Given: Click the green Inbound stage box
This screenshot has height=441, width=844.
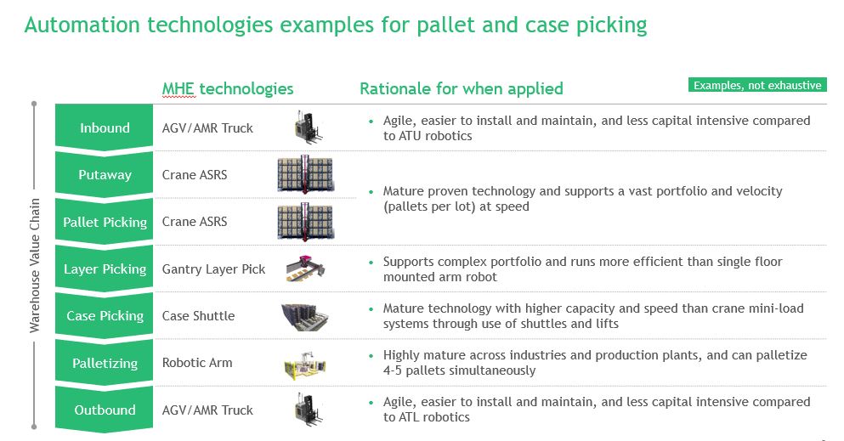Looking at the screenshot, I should [105, 128].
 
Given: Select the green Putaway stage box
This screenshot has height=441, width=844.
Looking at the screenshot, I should [105, 175].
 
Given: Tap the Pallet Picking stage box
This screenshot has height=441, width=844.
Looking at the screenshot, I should [105, 223].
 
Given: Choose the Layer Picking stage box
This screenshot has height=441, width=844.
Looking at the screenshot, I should [105, 269].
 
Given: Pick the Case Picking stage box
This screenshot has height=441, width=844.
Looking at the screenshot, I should [105, 316].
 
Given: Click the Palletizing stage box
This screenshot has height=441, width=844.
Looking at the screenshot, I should [105, 363].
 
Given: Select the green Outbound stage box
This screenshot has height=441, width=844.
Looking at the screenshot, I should [105, 410].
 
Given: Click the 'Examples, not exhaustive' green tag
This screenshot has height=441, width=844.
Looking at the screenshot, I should [757, 85].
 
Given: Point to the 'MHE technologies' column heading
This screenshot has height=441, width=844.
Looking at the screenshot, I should [228, 88].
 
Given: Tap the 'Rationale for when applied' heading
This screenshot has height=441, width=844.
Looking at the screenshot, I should [461, 88].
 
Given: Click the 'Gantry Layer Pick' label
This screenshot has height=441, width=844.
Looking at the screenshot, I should [213, 269].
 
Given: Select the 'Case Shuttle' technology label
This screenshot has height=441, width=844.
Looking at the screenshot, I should [198, 316].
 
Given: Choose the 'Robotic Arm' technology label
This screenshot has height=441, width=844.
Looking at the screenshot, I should [197, 363].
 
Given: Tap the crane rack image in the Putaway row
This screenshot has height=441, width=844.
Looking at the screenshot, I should [304, 174].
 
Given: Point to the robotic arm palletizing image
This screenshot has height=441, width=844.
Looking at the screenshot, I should [305, 364].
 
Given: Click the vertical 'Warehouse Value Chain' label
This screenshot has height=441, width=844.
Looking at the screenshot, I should [35, 265].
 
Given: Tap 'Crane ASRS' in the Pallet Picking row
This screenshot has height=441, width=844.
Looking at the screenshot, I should [195, 223].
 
